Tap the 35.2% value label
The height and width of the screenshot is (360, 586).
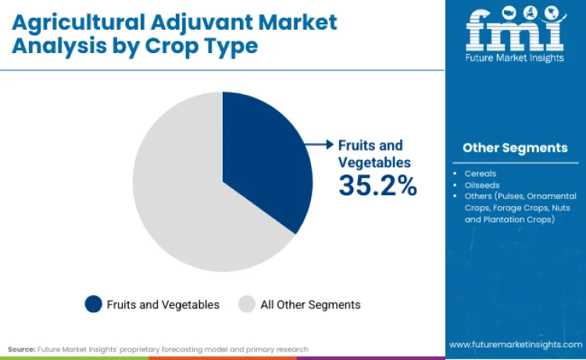point(377,185)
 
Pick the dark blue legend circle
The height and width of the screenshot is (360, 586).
point(93,304)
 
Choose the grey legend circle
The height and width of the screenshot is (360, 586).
point(246,304)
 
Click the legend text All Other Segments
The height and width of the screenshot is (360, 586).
point(310,304)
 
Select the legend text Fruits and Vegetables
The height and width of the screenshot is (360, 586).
point(163,304)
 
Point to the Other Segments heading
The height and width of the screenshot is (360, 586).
point(515,148)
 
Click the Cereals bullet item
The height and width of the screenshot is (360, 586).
point(481,173)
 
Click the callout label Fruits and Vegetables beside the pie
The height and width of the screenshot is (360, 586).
point(370,153)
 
